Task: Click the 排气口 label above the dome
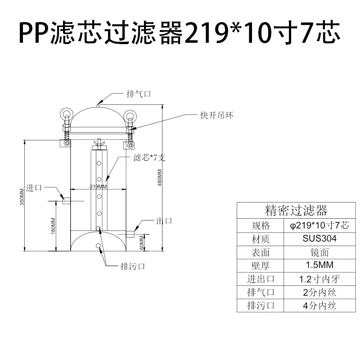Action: click(139, 94)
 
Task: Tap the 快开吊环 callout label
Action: click(217, 115)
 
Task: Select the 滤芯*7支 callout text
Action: click(149, 157)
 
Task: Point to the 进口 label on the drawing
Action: click(34, 188)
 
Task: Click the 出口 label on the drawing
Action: click(164, 221)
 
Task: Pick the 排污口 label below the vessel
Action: click(133, 266)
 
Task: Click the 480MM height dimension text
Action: click(160, 177)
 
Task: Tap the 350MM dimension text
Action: click(22, 197)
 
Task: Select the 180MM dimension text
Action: click(53, 226)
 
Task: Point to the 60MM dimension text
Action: click(142, 243)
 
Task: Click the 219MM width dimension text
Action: click(98, 186)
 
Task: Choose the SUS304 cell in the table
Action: click(319, 238)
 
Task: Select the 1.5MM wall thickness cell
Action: click(319, 265)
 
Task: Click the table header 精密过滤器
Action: click(296, 210)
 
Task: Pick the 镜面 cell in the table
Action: click(319, 252)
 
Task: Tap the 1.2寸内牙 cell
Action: click(319, 279)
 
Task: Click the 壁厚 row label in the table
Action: click(261, 265)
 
